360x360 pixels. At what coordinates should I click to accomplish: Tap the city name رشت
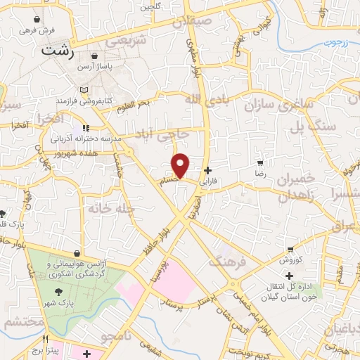(56, 51)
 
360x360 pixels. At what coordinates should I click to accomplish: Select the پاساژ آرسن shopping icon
(96, 56)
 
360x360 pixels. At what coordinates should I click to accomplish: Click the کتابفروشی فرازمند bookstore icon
(84, 91)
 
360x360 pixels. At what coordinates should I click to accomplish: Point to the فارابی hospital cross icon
(207, 170)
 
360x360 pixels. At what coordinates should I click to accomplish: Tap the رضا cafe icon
(261, 163)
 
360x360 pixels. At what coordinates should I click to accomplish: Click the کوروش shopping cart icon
(290, 250)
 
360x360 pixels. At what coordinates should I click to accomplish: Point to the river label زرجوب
(336, 43)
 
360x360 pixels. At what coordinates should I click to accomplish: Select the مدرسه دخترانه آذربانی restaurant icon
(85, 128)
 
